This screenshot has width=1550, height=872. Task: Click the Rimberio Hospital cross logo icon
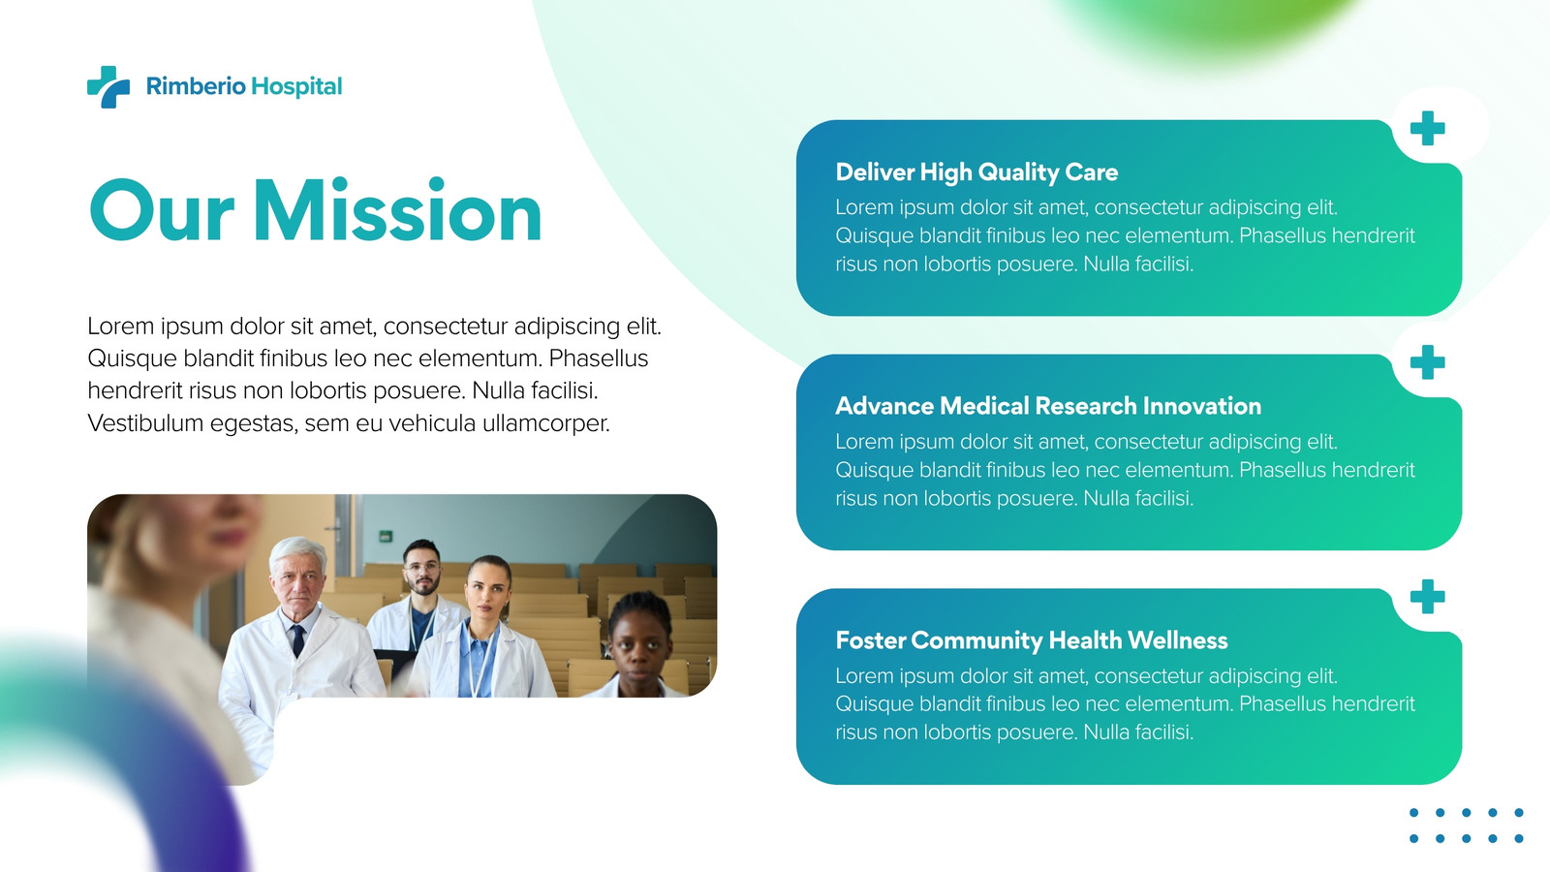[x=108, y=87]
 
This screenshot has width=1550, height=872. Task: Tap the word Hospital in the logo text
[x=296, y=86]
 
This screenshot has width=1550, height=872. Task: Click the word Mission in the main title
[x=397, y=210]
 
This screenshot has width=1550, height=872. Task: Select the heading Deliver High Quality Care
[x=976, y=172]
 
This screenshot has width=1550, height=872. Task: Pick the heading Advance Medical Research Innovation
[x=1048, y=406]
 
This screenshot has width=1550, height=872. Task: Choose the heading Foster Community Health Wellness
[x=1032, y=640]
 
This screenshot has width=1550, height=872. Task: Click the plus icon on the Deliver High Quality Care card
[x=1428, y=128]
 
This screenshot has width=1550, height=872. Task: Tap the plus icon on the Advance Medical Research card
[x=1428, y=362]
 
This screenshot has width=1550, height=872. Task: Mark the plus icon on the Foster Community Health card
[x=1428, y=597]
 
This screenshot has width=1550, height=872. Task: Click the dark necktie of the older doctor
[x=297, y=640]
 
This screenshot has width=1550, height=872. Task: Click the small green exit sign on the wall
[x=386, y=536]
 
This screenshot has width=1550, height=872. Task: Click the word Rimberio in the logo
[x=196, y=86]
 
